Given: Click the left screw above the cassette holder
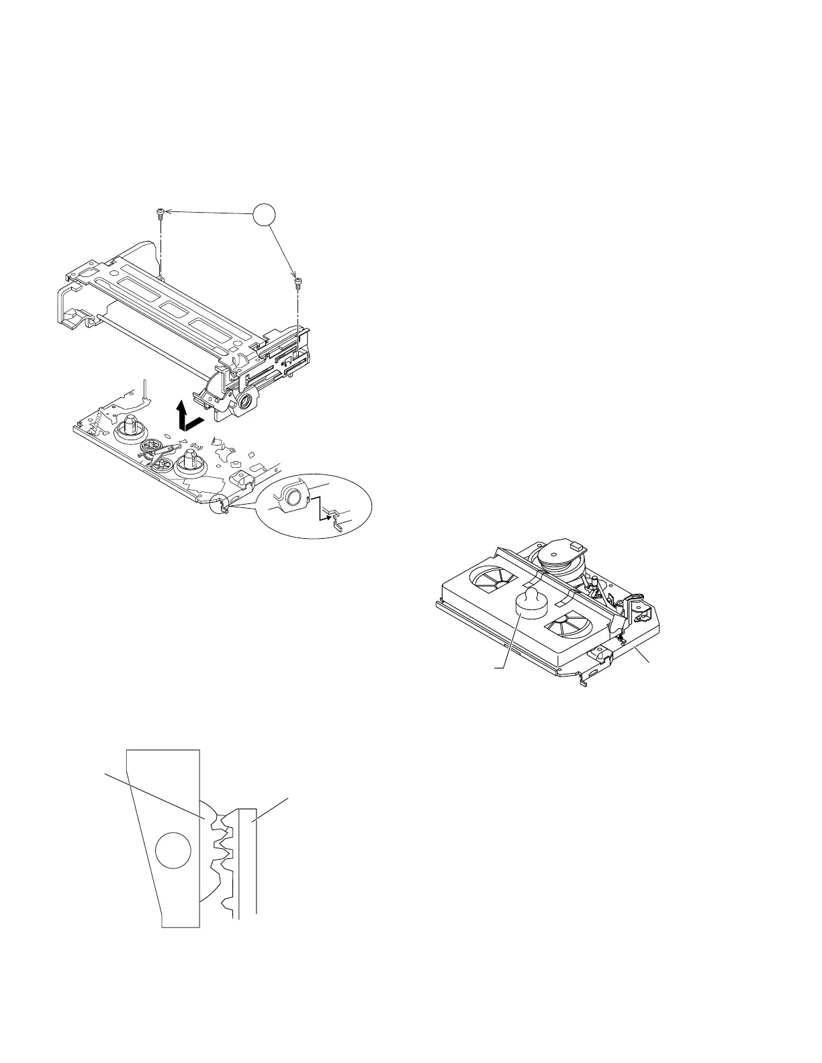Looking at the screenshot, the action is [x=160, y=215].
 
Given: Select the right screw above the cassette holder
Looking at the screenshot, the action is [x=297, y=282].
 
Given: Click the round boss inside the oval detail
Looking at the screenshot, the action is [x=292, y=497].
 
